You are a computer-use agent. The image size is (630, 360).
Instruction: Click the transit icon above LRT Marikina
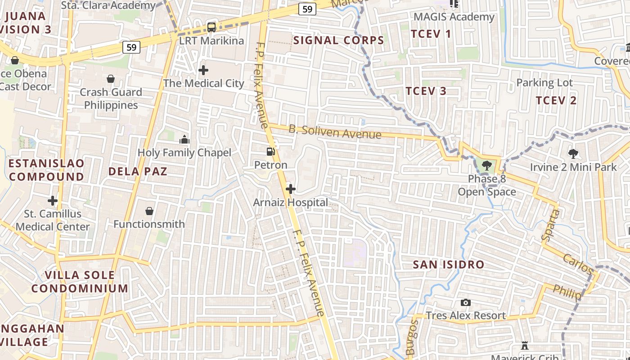[211, 27]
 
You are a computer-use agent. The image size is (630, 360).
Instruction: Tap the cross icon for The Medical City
[203, 70]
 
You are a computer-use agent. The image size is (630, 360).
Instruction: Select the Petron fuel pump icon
[270, 152]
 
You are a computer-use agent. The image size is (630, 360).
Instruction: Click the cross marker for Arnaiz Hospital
[291, 189]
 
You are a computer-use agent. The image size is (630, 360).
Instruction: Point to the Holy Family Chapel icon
[184, 139]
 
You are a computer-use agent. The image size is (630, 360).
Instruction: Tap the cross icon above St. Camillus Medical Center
[53, 200]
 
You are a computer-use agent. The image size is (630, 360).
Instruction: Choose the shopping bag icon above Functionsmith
[149, 211]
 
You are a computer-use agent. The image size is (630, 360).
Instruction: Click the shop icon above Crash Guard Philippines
[110, 79]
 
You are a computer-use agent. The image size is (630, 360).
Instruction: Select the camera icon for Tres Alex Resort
[466, 302]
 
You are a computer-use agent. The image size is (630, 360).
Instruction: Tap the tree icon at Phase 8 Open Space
[486, 166]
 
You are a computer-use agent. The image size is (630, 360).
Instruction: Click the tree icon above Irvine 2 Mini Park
[573, 154]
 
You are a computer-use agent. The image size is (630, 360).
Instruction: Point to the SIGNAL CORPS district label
[339, 40]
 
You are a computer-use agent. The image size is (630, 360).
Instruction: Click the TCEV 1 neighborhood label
[431, 34]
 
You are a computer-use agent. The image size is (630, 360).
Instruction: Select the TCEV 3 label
[426, 91]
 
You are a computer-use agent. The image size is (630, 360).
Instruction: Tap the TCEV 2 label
[556, 100]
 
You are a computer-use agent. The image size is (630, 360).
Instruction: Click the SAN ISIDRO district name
[449, 265]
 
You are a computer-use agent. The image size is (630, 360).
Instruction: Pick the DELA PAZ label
[138, 171]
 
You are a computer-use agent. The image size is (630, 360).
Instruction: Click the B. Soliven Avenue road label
[335, 132]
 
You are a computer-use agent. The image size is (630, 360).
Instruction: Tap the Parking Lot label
[544, 83]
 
